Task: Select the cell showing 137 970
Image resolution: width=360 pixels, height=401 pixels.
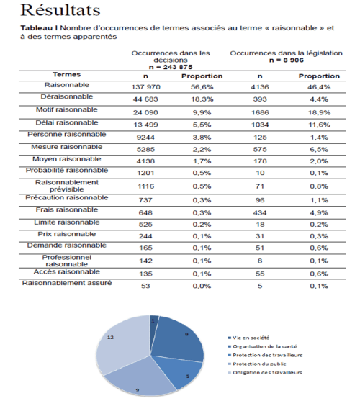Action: pyautogui.click(x=145, y=86)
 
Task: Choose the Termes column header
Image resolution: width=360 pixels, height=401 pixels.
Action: pyautogui.click(x=66, y=73)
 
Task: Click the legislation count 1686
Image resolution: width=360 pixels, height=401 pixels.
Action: pyautogui.click(x=260, y=112)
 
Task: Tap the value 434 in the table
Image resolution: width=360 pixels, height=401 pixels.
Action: pyautogui.click(x=260, y=212)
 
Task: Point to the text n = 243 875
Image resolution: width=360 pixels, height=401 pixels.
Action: pyautogui.click(x=171, y=66)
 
